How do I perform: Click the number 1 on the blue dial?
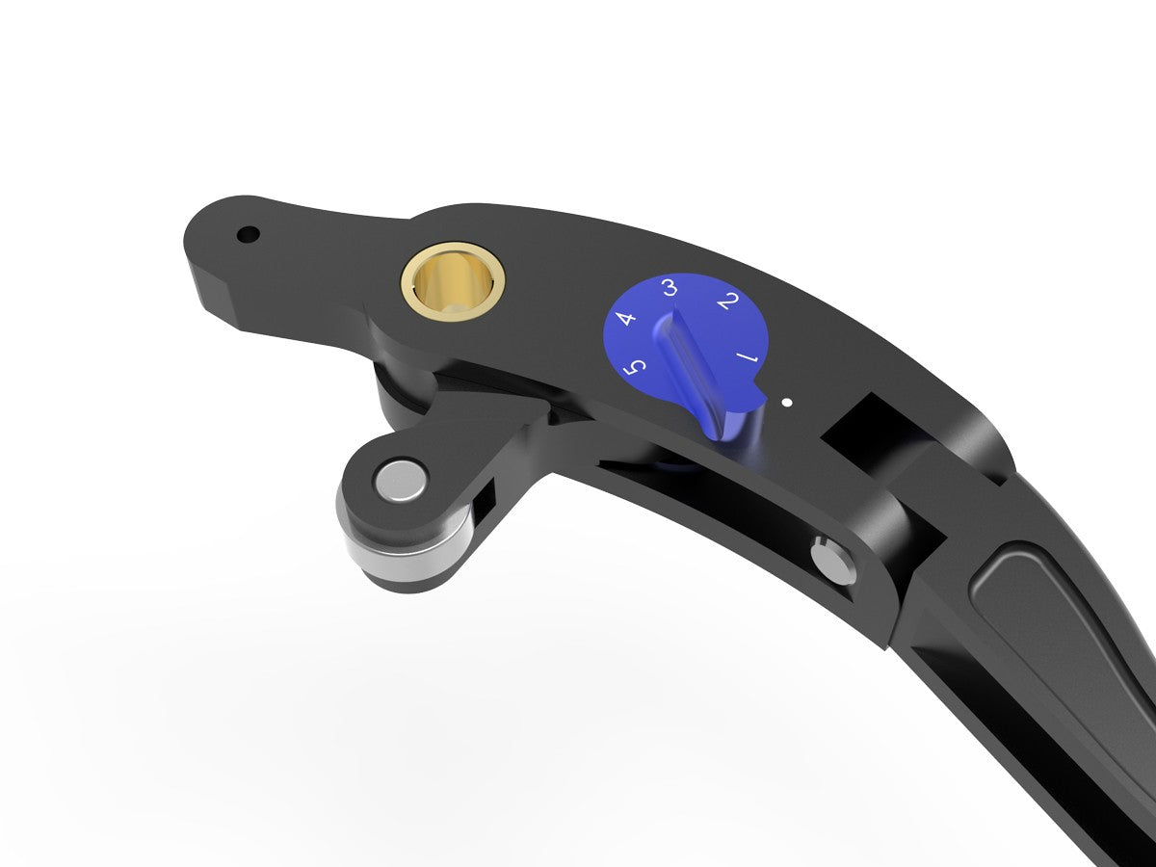coord(748,360)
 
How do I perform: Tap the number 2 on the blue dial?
coord(729,302)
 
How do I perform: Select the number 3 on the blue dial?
coord(670,286)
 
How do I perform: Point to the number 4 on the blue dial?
coord(626,317)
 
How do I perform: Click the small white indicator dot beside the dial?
coord(788,402)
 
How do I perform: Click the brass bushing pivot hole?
coord(453,279)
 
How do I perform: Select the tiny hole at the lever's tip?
coord(248,234)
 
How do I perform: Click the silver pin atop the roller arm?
coord(401,481)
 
